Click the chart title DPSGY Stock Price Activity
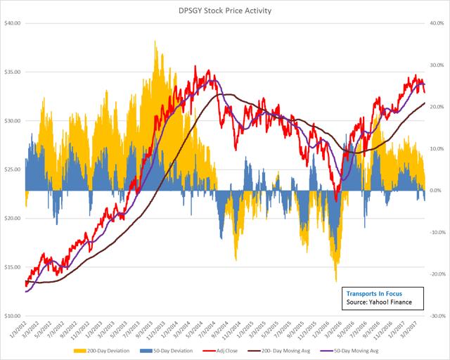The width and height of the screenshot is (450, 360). pyautogui.click(x=225, y=11)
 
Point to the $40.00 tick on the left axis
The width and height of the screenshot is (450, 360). pyautogui.click(x=13, y=23)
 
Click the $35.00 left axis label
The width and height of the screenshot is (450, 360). pyautogui.click(x=13, y=72)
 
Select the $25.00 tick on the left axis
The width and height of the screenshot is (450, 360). pyautogui.click(x=13, y=169)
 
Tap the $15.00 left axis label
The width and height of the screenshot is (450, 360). pyautogui.click(x=13, y=267)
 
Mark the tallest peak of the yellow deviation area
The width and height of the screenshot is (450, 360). pyautogui.click(x=155, y=41)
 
